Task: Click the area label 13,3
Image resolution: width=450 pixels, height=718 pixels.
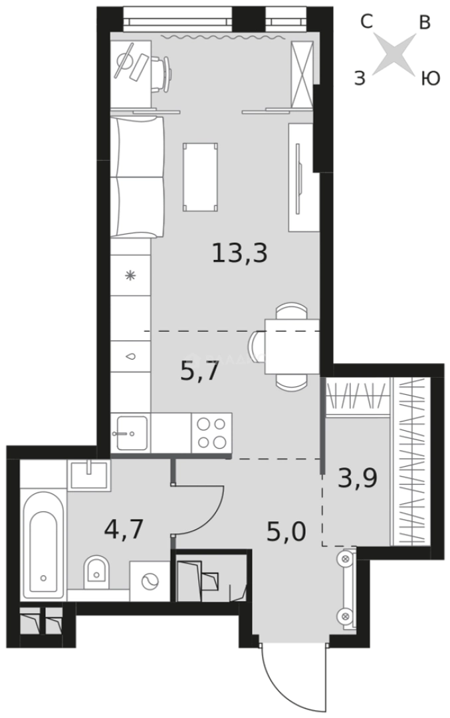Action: (239, 253)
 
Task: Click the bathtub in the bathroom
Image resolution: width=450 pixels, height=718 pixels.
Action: (43, 544)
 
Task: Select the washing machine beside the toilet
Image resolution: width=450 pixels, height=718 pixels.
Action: (150, 580)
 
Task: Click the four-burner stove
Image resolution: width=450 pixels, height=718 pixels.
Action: (211, 432)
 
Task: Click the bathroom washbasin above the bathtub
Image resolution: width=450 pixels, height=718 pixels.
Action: (89, 475)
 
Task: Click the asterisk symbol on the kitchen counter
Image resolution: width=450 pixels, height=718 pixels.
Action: (130, 275)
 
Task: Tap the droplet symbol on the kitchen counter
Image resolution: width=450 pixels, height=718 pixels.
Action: (130, 356)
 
